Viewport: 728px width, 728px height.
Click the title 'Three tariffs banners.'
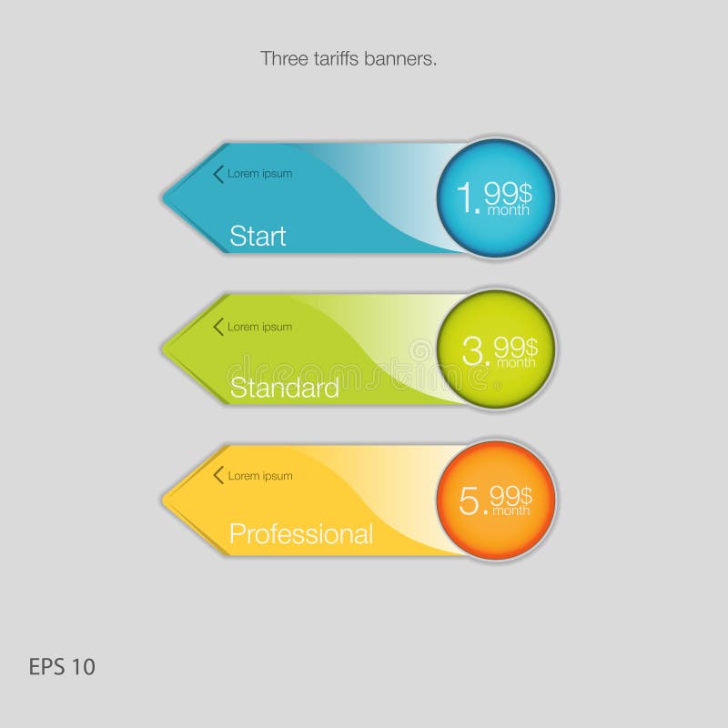pos(349,59)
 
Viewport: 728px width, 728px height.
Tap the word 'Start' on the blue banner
pos(258,237)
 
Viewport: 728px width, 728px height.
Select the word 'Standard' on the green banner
pos(284,388)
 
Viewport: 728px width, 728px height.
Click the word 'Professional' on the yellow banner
pos(300,533)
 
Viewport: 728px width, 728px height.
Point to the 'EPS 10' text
pos(62,667)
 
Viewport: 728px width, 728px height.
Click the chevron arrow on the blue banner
pos(217,173)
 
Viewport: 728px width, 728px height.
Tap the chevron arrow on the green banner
pos(217,326)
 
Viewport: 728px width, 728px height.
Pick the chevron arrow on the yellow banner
pos(217,475)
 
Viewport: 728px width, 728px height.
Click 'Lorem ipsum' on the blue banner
pos(259,174)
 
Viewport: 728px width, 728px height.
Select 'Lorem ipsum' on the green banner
pos(259,327)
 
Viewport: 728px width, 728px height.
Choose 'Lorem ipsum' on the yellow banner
pos(259,476)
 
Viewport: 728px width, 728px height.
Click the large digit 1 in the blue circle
pos(465,197)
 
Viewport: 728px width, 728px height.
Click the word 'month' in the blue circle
pos(509,210)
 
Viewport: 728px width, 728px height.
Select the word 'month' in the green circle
pos(514,362)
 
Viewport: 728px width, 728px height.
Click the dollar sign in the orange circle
pos(525,494)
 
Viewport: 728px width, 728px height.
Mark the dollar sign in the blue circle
pos(525,190)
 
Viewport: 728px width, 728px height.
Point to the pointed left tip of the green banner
pos(164,348)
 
